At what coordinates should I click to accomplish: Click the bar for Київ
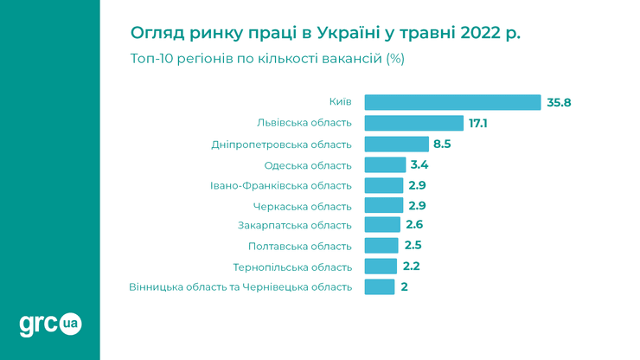452,102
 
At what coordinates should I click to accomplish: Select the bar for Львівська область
414,123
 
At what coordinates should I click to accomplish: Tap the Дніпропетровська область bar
396,144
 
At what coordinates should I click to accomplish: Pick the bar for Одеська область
385,164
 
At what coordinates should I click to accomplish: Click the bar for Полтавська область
382,246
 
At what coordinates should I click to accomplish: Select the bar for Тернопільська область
381,267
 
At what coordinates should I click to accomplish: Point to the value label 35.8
559,102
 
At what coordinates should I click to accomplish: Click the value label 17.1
478,123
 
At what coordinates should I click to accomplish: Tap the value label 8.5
442,144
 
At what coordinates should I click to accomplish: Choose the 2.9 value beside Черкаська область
417,205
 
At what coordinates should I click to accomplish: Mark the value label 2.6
414,225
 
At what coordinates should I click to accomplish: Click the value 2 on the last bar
404,286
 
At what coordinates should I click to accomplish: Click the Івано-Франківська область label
281,185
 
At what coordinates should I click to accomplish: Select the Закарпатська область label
295,226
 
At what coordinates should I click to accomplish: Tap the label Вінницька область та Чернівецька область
240,287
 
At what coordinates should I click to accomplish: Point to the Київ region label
341,102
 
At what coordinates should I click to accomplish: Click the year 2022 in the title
472,34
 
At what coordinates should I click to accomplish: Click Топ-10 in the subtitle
153,59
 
